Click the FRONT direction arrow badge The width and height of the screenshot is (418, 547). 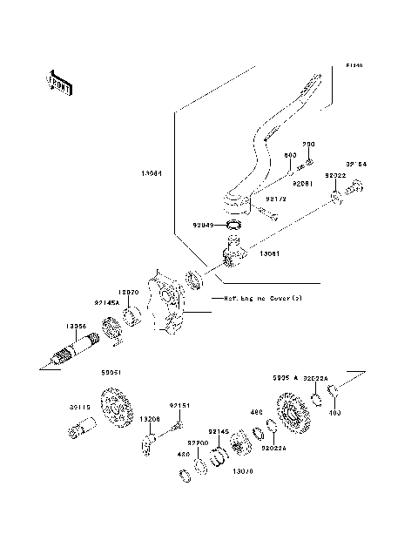(x=60, y=80)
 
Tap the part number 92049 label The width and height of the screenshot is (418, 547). (x=202, y=225)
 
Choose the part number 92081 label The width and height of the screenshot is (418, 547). (x=302, y=185)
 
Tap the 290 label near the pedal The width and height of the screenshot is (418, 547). (x=307, y=145)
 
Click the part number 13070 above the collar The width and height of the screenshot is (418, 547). (x=129, y=294)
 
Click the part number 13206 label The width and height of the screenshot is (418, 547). (x=150, y=419)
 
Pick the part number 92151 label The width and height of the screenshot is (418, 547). (x=179, y=405)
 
